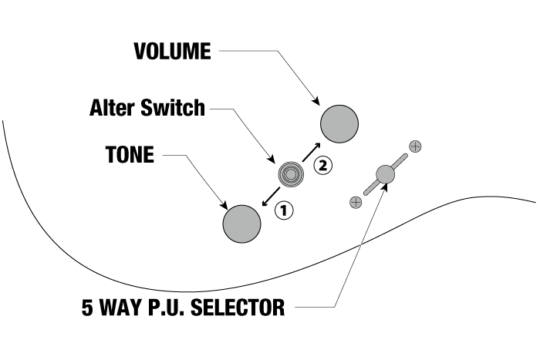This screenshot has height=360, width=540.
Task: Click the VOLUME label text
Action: [172, 52]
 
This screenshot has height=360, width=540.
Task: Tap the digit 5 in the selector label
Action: [89, 308]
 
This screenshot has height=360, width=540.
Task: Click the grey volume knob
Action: [339, 123]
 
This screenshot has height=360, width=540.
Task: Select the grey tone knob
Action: [241, 224]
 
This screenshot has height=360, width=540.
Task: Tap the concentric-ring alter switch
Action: [290, 174]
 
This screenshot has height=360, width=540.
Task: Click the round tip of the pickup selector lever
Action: [384, 174]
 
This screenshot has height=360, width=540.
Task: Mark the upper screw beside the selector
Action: [415, 145]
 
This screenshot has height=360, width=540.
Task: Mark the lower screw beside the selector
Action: [355, 202]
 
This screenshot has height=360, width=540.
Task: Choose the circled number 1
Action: [284, 210]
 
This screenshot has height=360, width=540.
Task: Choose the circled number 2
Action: [323, 163]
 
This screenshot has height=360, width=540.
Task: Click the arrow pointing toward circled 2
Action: [312, 152]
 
